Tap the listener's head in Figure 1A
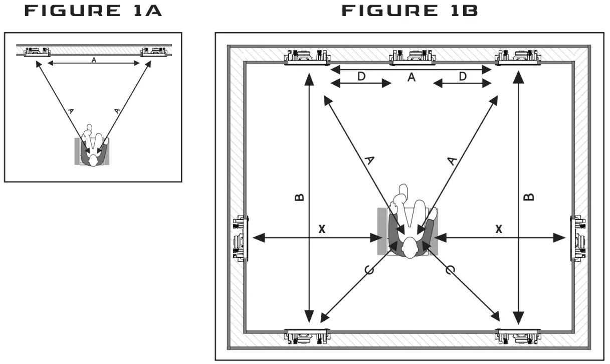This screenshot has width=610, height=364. (x=94, y=160)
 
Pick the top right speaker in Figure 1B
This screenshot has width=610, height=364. (x=517, y=57)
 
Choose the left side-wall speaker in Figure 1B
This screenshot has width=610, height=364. (x=240, y=238)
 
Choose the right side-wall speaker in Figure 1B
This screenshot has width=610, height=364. (x=578, y=238)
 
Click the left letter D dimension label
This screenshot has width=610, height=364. (x=361, y=76)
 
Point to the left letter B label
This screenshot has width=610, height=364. (x=299, y=197)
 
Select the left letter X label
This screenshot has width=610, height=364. (x=322, y=229)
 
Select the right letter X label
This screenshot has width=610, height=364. (x=499, y=229)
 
